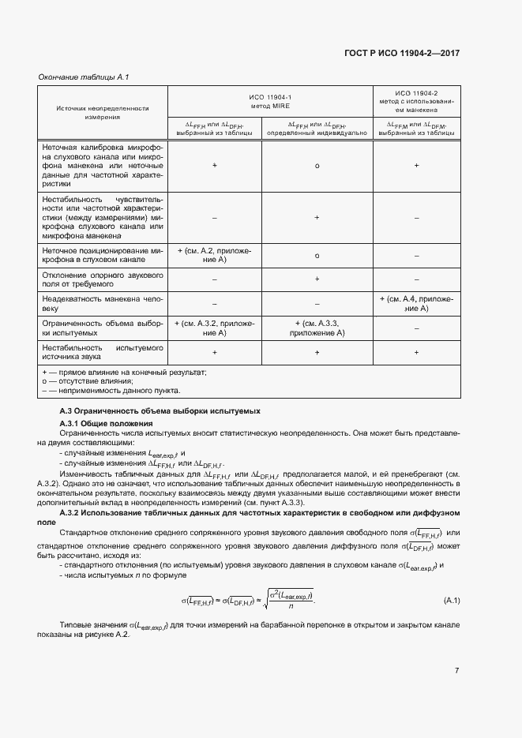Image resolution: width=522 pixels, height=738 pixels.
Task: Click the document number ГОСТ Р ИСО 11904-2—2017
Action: pos(402,54)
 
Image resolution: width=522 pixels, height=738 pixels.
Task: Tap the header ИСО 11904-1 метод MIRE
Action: pos(271,100)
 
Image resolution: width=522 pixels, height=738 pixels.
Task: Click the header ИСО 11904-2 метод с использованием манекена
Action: pos(416,100)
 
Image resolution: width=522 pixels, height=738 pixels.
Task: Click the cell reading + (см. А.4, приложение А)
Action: pos(416,304)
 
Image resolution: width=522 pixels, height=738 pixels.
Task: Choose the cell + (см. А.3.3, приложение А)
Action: pos(317,328)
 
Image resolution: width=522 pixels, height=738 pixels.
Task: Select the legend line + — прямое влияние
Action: pos(123,372)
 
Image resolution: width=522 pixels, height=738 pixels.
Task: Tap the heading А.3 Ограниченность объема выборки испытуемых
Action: pos(160,412)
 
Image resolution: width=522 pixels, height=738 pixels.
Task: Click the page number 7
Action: pos(456,670)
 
